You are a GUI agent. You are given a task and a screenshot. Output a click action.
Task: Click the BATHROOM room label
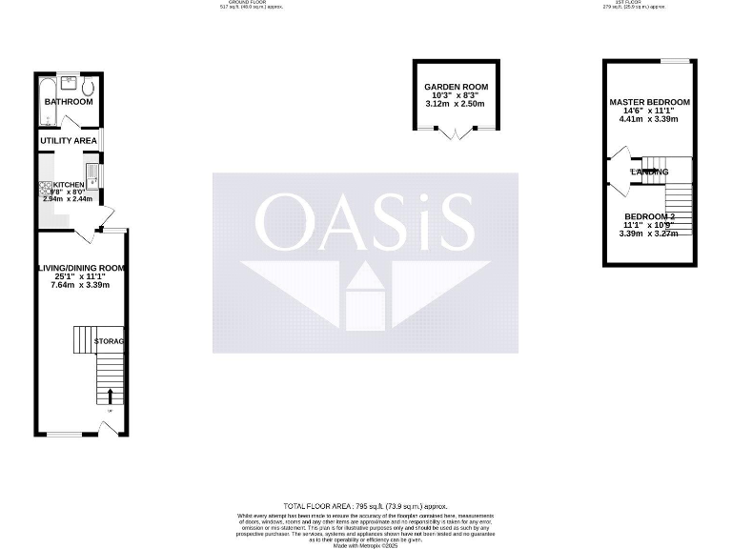click(x=69, y=102)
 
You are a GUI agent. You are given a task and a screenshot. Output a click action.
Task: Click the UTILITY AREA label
click(x=69, y=141)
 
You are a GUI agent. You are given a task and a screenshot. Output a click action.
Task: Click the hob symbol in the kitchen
click(x=44, y=188)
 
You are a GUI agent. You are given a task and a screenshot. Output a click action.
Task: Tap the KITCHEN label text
click(x=69, y=184)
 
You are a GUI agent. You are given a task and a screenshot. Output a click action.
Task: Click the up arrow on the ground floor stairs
click(x=111, y=396)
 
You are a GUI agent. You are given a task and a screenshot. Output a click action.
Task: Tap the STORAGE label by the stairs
click(x=111, y=341)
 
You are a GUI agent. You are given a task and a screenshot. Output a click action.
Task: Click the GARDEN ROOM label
click(x=457, y=87)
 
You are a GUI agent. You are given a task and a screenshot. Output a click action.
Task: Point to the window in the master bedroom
click(x=676, y=62)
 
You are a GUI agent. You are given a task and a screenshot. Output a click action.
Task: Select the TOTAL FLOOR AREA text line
click(x=365, y=506)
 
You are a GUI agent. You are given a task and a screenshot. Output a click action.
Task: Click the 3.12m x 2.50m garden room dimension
click(x=457, y=104)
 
